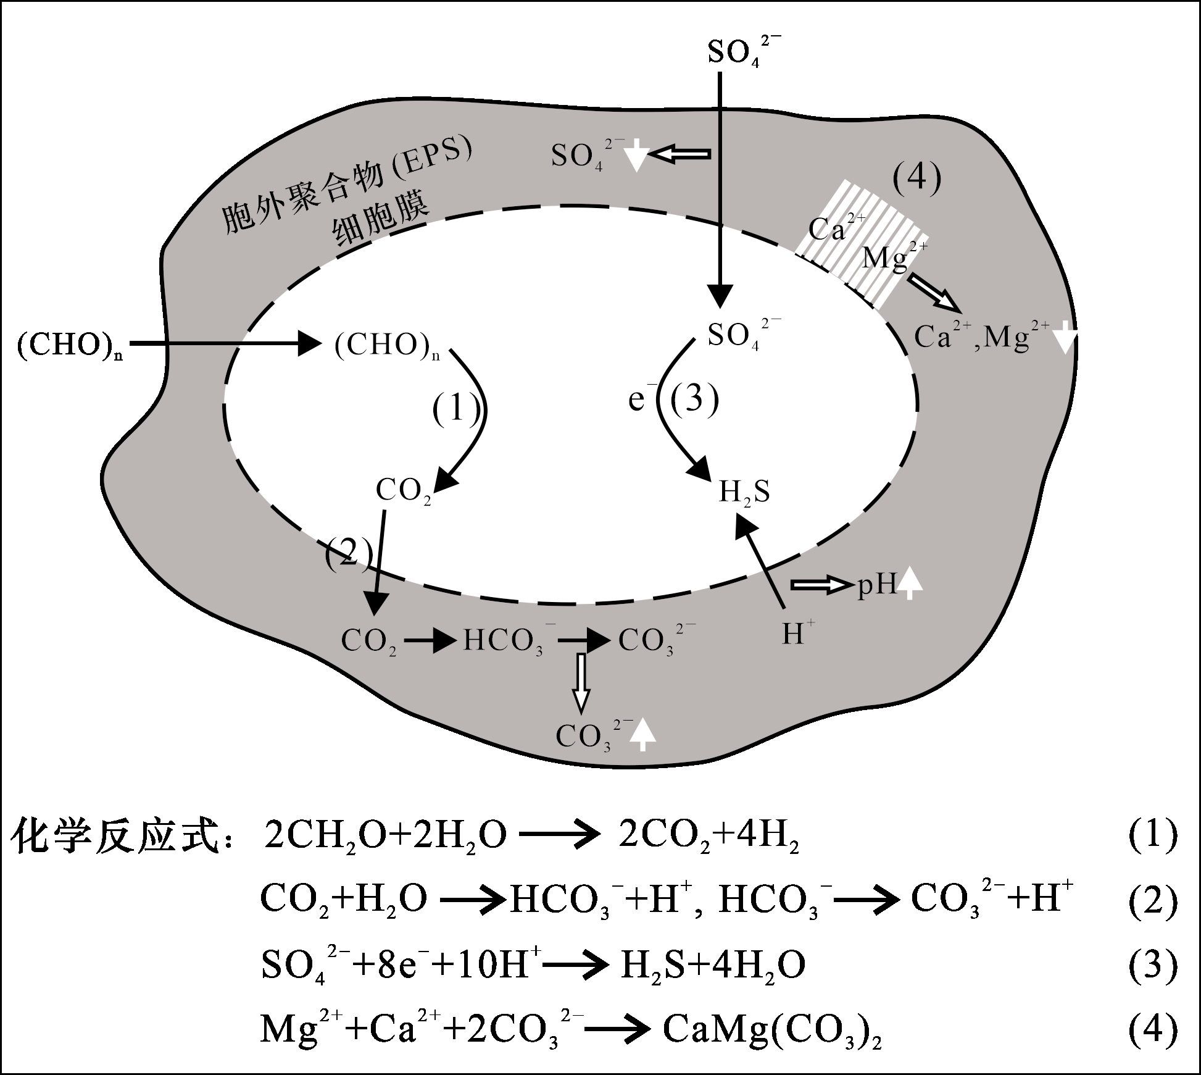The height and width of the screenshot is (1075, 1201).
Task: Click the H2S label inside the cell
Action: coord(744,492)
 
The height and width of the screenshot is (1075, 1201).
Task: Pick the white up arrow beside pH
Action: coord(910,584)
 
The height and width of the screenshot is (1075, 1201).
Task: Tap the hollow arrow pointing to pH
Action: coord(820,585)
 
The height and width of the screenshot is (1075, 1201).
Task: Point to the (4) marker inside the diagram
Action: coord(917,179)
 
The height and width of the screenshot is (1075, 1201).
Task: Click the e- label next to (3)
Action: coord(638,399)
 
